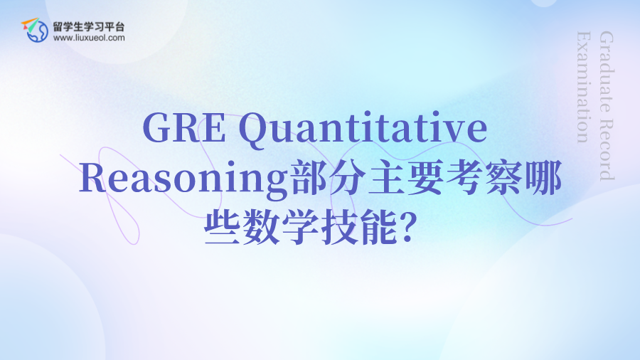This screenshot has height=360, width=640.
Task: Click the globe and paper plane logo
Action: [35, 30]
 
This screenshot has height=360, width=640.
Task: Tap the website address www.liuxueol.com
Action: [89, 38]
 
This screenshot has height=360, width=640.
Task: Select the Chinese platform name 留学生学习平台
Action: [89, 27]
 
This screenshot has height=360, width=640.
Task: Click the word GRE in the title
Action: [184, 128]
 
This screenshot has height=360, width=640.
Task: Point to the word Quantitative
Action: [363, 129]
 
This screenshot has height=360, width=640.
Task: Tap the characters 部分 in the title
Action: [328, 178]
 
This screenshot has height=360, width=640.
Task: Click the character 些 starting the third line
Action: [222, 227]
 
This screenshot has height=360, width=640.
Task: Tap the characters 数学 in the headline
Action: [280, 227]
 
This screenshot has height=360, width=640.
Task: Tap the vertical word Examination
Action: [584, 88]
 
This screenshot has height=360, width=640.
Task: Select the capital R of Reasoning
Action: [93, 178]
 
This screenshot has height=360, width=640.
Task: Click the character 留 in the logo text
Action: [58, 27]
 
